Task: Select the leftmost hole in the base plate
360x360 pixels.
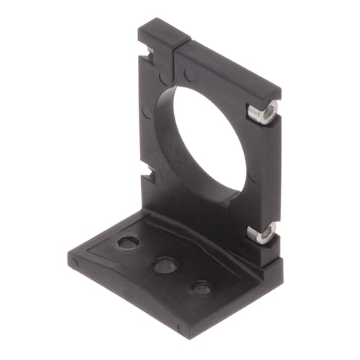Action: pyautogui.click(x=128, y=244)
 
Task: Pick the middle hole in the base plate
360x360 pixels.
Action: pyautogui.click(x=164, y=264)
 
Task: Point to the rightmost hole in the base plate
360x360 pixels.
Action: pyautogui.click(x=200, y=286)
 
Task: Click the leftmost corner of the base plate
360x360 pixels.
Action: pyautogui.click(x=73, y=262)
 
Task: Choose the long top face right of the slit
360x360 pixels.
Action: pyautogui.click(x=225, y=64)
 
